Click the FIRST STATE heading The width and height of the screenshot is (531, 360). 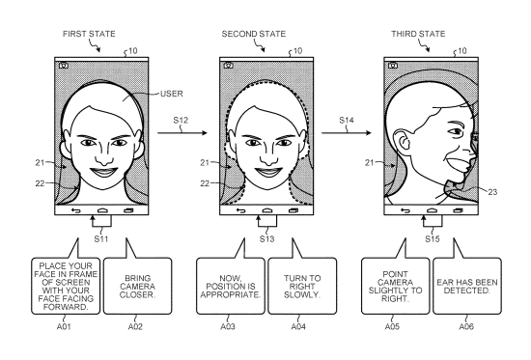point(89,34)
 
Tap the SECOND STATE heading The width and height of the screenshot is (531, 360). point(254,34)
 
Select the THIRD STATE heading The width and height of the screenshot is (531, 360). point(418,34)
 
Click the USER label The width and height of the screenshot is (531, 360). point(171,94)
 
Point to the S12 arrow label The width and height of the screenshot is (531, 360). point(181,121)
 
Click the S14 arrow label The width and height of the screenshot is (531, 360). point(347,121)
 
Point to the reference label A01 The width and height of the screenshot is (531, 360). point(64,327)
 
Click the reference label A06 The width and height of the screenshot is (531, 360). point(466,327)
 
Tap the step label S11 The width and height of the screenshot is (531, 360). point(101,239)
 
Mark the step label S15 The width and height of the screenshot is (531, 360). point(433,239)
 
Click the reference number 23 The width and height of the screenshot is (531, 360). point(492,192)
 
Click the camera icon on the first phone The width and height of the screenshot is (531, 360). point(64,66)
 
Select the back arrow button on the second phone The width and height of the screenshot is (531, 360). point(240,210)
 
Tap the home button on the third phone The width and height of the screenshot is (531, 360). point(432,210)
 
